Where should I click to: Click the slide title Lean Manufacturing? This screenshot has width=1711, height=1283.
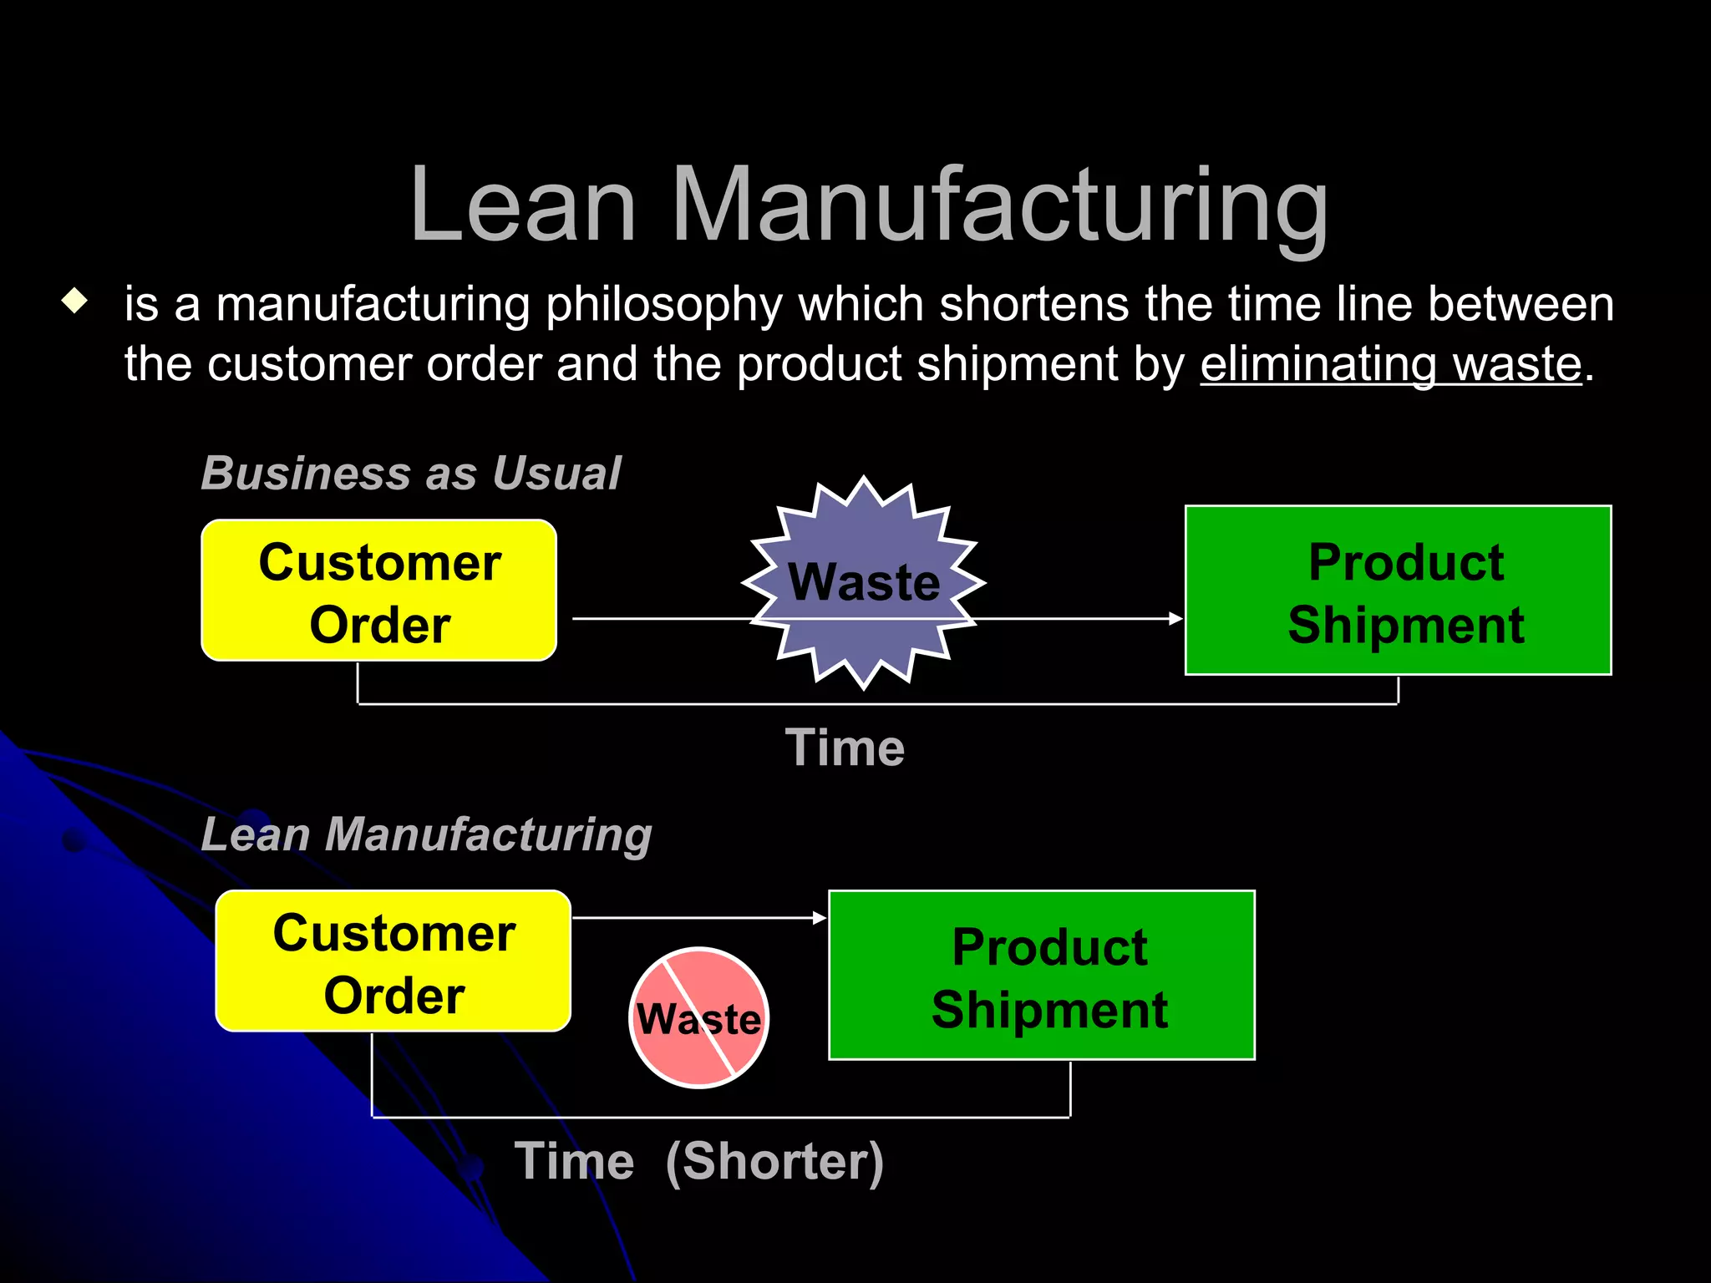pyautogui.click(x=869, y=205)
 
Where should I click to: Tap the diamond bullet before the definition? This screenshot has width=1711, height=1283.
pyautogui.click(x=75, y=301)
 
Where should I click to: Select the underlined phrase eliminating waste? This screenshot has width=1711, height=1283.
pyautogui.click(x=1391, y=364)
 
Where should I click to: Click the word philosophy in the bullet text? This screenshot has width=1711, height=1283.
pyautogui.click(x=664, y=305)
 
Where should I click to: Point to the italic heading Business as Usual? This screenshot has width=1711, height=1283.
pyautogui.click(x=411, y=474)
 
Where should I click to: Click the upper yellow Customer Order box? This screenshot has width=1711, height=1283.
pyautogui.click(x=379, y=591)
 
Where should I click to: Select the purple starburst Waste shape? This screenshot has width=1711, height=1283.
pyautogui.click(x=864, y=582)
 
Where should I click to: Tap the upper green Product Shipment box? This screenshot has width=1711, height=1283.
pyautogui.click(x=1398, y=591)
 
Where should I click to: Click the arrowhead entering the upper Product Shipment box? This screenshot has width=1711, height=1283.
pyautogui.click(x=1176, y=619)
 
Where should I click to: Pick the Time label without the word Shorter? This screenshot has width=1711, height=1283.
pyautogui.click(x=845, y=748)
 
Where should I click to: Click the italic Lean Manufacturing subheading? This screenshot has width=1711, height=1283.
pyautogui.click(x=426, y=834)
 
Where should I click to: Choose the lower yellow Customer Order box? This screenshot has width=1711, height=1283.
pyautogui.click(x=393, y=961)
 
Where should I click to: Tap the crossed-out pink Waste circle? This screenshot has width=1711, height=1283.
pyautogui.click(x=698, y=1017)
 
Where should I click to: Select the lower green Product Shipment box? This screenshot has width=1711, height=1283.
pyautogui.click(x=1041, y=976)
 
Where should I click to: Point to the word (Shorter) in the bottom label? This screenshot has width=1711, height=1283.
pyautogui.click(x=774, y=1161)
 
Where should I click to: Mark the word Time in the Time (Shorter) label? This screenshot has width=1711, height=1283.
pyautogui.click(x=574, y=1161)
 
